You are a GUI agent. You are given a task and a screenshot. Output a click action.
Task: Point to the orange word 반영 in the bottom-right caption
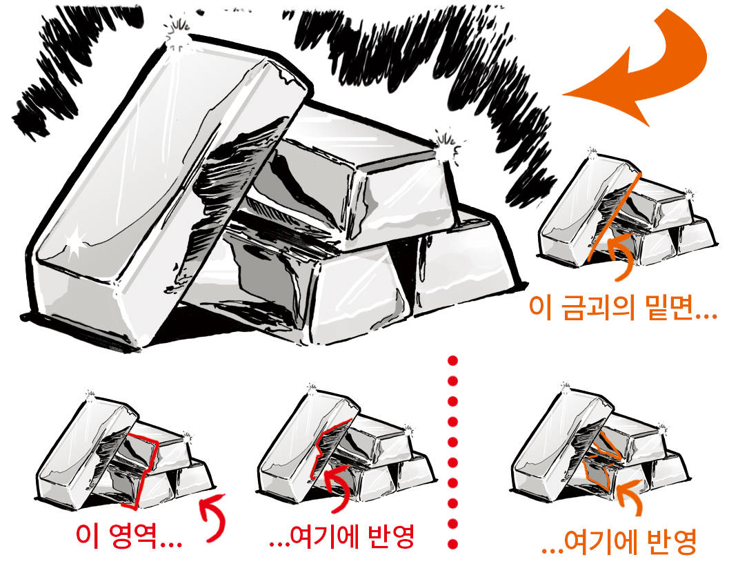(x=671, y=542)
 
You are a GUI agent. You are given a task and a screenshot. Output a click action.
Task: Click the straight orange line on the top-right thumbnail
(x=615, y=217)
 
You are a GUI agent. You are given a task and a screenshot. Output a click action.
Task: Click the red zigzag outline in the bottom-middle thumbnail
(x=330, y=447)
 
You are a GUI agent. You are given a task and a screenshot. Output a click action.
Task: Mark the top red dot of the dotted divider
(x=452, y=361)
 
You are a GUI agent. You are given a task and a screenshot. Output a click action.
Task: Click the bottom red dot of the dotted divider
(x=452, y=545)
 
